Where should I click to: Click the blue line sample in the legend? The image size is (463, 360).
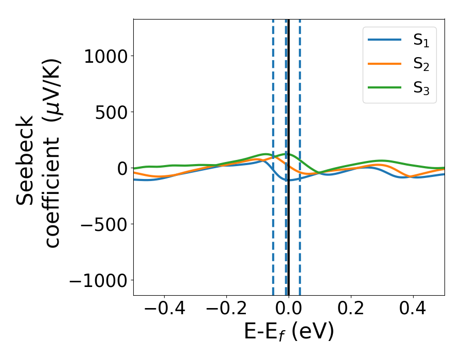coord(385,40)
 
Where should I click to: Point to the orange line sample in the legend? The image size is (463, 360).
coord(385,64)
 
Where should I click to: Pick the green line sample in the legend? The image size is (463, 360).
coord(385,88)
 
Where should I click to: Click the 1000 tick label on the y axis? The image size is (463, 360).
coord(105,57)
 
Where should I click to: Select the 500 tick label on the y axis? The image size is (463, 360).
coord(112,113)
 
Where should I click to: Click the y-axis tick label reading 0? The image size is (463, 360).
coord(122,169)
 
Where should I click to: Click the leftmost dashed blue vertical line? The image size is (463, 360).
coord(273,231)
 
